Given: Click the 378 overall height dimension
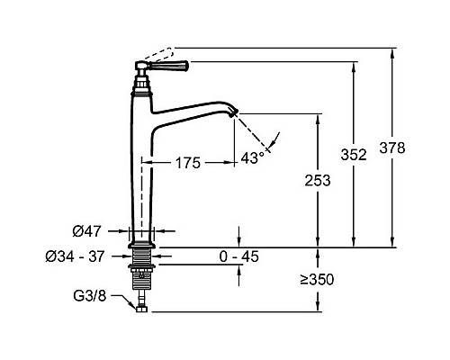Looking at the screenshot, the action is pos(392,148).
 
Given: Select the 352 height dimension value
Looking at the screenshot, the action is pos(354,155).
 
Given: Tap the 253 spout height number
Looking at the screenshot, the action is pos(318,181).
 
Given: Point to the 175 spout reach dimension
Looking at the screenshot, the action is pos(188,163).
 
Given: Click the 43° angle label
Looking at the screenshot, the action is pos(253,157).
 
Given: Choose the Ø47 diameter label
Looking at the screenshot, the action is pos(87,231).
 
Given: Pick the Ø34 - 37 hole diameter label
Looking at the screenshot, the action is pos(75,256).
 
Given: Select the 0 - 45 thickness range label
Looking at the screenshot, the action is pos(238,256).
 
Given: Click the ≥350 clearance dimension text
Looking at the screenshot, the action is pos(317,280).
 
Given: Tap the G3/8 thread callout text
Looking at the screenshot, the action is pos(90,296).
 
